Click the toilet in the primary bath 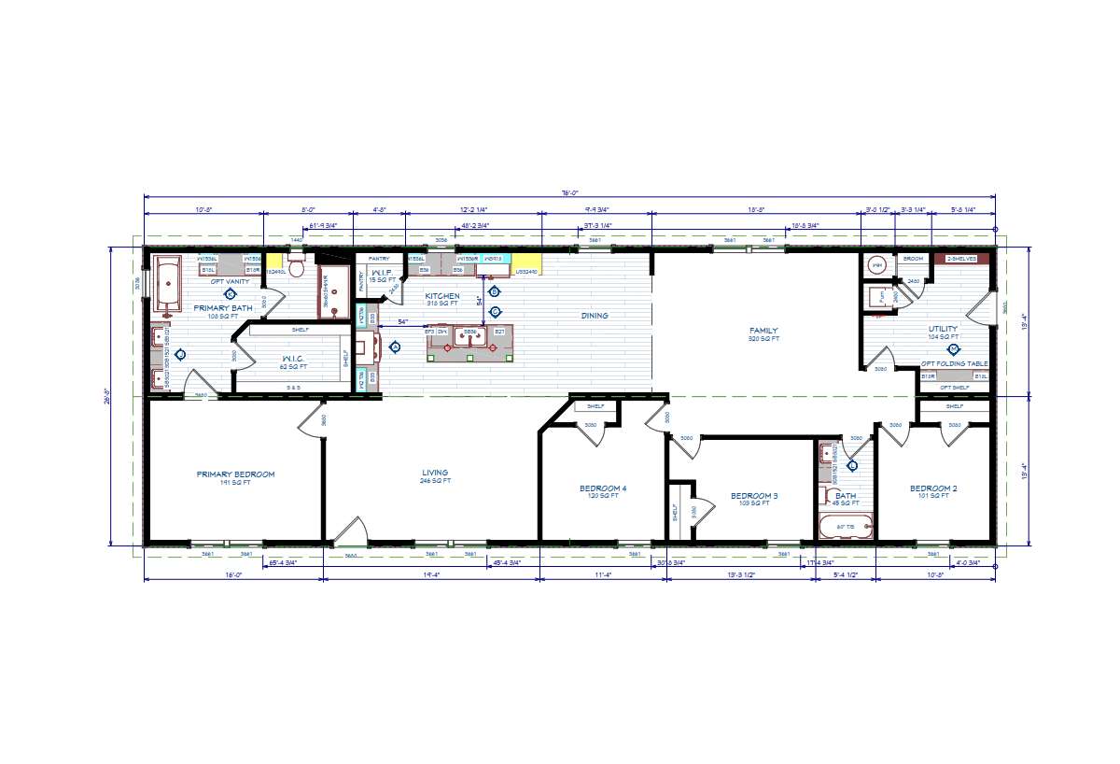click(298, 268)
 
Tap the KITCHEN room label click(441, 296)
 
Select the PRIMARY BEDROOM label click(235, 474)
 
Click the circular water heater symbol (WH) click(877, 266)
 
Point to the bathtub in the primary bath click(169, 283)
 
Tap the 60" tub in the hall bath click(846, 527)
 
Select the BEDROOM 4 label click(603, 488)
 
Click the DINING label click(595, 316)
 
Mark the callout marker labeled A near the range click(395, 347)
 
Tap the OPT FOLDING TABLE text click(954, 363)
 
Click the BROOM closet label click(912, 258)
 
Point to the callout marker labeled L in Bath click(851, 466)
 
